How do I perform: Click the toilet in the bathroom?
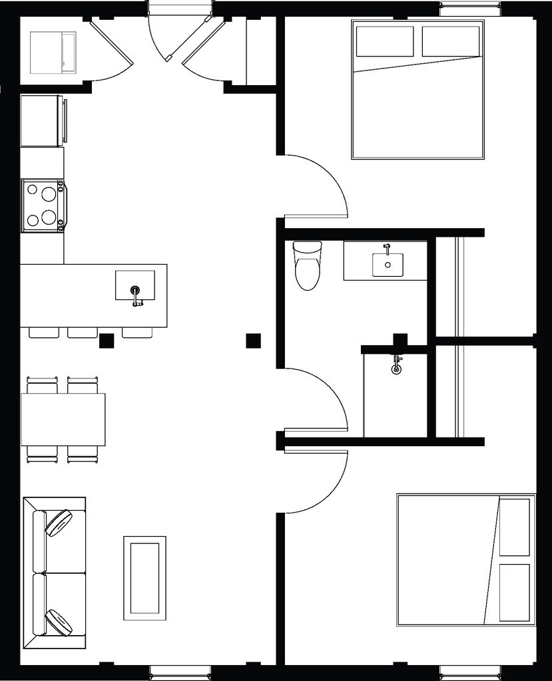point(307,267)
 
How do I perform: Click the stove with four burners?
point(43,205)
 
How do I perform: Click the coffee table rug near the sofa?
point(144,578)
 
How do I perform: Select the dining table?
point(63,419)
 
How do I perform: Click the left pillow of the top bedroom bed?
point(385,41)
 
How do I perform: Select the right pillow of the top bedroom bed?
point(451,41)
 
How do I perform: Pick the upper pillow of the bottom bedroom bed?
point(515,527)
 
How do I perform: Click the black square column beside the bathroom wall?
point(253,340)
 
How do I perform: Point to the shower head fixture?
point(396,366)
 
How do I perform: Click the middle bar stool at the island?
point(83,332)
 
